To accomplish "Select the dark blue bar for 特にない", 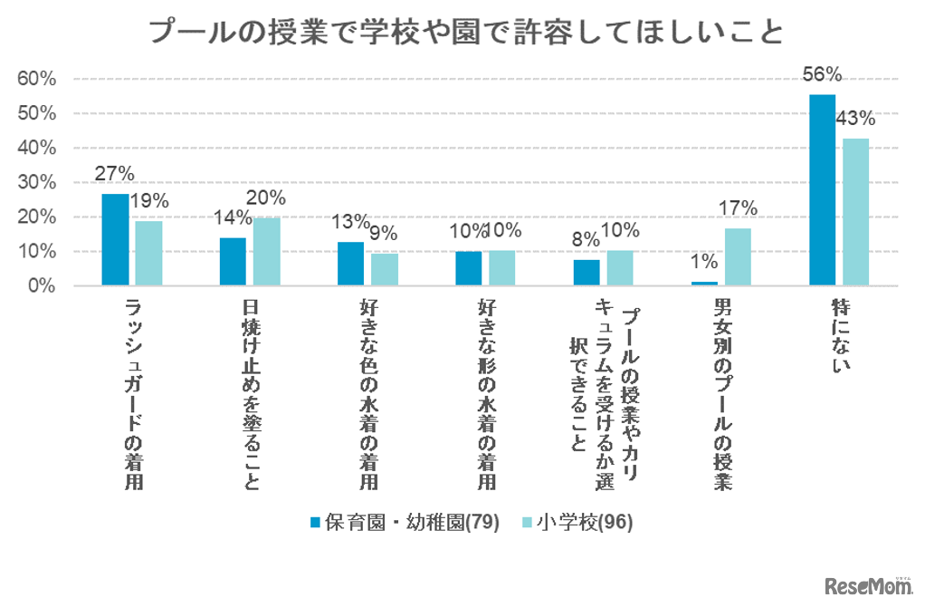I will tap(822, 190).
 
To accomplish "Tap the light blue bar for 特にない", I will tap(856, 212).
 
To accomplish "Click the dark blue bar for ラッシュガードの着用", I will tap(115, 240).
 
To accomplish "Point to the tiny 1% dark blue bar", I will tap(704, 284).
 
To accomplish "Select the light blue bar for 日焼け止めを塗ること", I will tap(267, 251).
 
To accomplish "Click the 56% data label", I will tap(822, 75).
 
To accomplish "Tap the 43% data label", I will tap(855, 119).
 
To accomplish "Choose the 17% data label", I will tap(739, 208).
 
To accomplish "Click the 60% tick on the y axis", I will tap(37, 79).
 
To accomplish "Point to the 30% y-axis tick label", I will tap(37, 182).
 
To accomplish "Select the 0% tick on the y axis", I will tap(42, 285).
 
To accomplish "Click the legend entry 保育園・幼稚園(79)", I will tap(405, 523).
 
